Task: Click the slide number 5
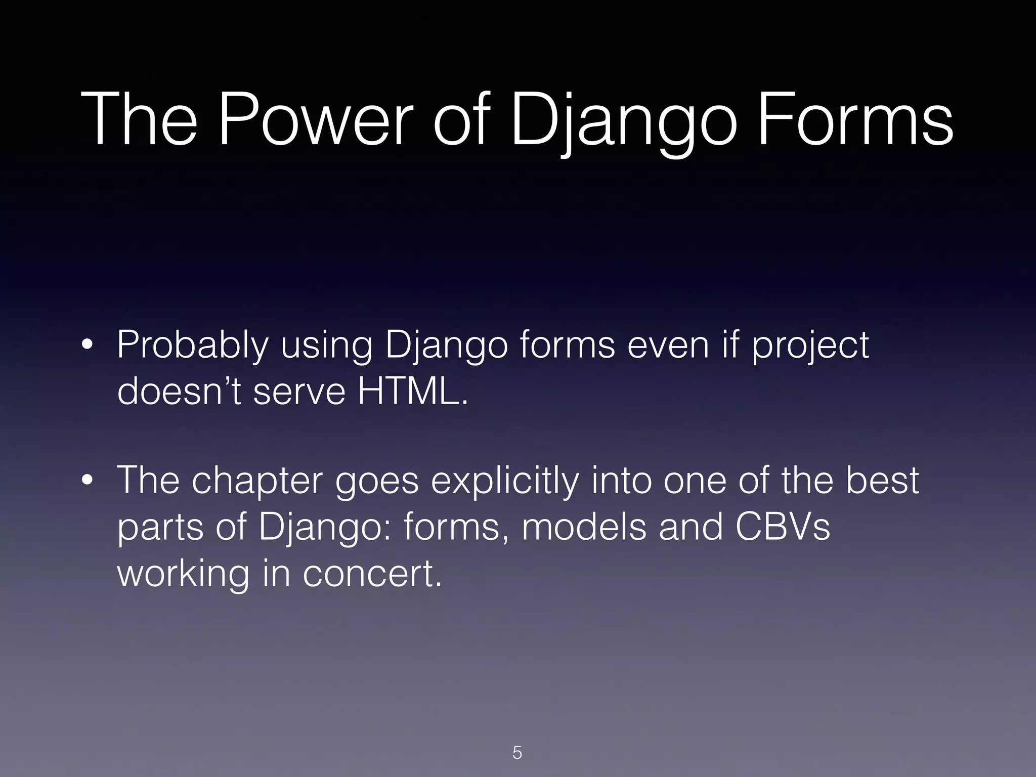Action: (517, 753)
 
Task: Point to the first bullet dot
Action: (87, 346)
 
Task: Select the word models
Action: (584, 527)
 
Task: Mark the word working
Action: (183, 575)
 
